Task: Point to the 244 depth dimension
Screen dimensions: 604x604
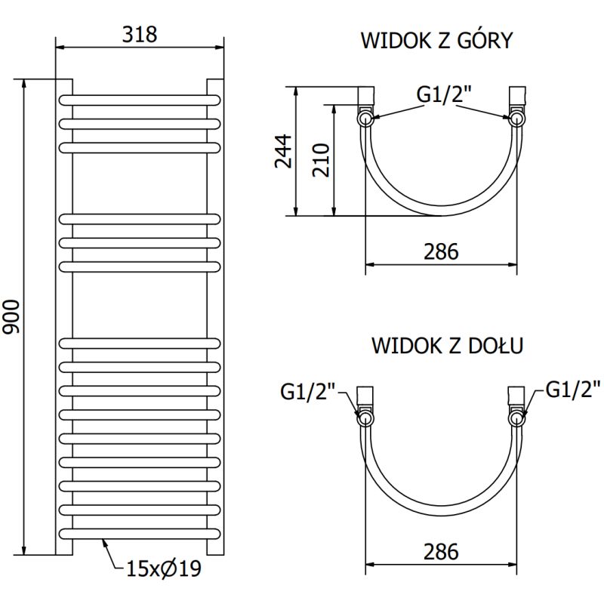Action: click(282, 152)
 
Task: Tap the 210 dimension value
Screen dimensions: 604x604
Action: click(322, 159)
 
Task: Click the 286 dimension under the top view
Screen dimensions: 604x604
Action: click(441, 251)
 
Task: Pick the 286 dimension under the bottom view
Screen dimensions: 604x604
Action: click(441, 552)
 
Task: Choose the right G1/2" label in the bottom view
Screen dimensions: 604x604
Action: click(572, 390)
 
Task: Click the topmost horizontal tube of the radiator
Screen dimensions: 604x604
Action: click(140, 99)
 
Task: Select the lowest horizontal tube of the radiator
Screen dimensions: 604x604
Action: click(140, 533)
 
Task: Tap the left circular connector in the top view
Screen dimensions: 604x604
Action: click(365, 118)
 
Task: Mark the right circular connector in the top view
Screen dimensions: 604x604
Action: click(517, 118)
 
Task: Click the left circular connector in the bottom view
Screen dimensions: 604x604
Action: click(365, 418)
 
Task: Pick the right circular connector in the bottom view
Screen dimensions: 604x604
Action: click(517, 418)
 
